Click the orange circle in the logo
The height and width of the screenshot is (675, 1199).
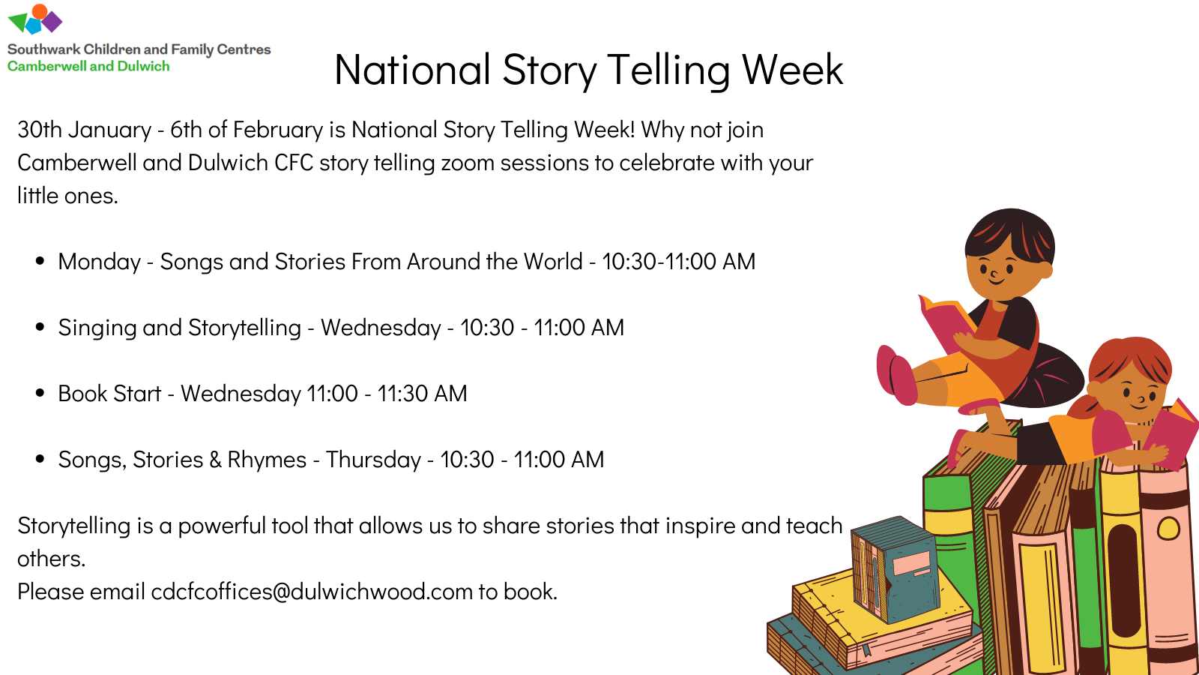(x=40, y=10)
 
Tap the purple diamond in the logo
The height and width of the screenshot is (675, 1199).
(x=52, y=22)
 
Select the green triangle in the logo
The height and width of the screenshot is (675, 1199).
(x=18, y=22)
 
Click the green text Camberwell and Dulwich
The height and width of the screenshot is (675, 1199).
(x=88, y=67)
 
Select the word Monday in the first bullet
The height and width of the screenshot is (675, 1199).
(x=99, y=262)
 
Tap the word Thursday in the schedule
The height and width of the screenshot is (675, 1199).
(x=374, y=460)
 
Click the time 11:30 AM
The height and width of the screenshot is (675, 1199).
(x=423, y=394)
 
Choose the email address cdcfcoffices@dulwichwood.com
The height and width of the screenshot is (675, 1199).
(x=312, y=592)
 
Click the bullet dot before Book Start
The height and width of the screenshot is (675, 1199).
(x=40, y=393)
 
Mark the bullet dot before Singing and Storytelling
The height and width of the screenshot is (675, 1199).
(x=40, y=327)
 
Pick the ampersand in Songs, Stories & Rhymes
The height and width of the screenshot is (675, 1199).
(x=215, y=460)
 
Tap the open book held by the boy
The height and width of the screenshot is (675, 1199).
(x=946, y=322)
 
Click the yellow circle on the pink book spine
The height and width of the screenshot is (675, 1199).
(x=1168, y=529)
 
